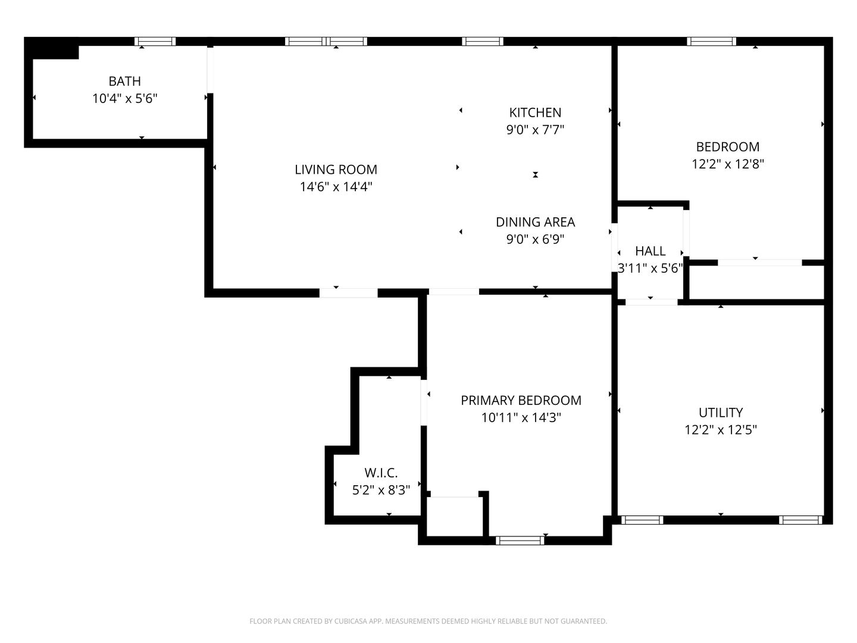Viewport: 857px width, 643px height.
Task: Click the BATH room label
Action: pyautogui.click(x=124, y=81)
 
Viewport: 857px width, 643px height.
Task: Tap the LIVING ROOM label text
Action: pyautogui.click(x=336, y=170)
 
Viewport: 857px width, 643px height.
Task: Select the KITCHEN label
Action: pyautogui.click(x=535, y=113)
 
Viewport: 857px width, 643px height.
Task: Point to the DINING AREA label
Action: pyautogui.click(x=535, y=221)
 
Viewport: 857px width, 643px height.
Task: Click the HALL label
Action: pyautogui.click(x=650, y=251)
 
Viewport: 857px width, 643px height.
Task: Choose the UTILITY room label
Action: pyautogui.click(x=720, y=412)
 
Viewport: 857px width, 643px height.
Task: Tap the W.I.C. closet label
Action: pyautogui.click(x=381, y=473)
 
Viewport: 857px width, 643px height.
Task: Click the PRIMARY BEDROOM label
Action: pyautogui.click(x=521, y=400)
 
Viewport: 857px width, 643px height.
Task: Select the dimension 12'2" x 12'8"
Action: pyautogui.click(x=728, y=164)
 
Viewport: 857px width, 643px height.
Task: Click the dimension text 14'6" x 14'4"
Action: pyautogui.click(x=336, y=186)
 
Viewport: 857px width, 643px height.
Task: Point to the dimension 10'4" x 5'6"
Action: pyautogui.click(x=124, y=98)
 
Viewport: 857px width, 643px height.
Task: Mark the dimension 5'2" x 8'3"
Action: pyautogui.click(x=381, y=490)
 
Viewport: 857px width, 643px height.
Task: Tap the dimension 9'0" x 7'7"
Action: pyautogui.click(x=535, y=130)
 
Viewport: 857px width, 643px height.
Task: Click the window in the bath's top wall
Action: pyautogui.click(x=155, y=42)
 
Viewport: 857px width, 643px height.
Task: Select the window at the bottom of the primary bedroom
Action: pyautogui.click(x=520, y=541)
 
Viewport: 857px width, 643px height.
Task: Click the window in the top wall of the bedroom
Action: pyautogui.click(x=711, y=42)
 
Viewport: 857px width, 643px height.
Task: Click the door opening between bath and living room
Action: pyautogui.click(x=210, y=70)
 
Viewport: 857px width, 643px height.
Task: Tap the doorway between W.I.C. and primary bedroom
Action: pyautogui.click(x=424, y=402)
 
